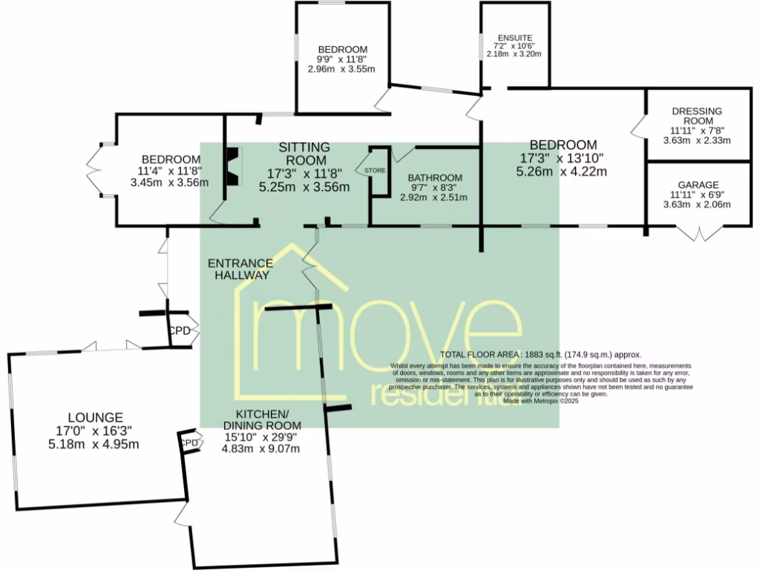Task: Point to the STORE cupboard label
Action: pos(376,171)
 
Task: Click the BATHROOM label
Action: pos(435,178)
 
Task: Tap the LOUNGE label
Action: pos(94,418)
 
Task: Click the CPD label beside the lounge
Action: pos(190,443)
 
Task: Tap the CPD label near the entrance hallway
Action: pos(179,331)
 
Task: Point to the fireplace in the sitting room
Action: pos(233,166)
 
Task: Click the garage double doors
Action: pos(698,235)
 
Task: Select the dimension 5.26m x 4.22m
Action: pos(562,171)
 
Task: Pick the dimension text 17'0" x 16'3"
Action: pos(94,431)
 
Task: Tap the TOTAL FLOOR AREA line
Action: pos(540,356)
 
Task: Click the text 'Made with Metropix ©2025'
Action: pos(540,402)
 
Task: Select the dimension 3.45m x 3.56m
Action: pos(170,182)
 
